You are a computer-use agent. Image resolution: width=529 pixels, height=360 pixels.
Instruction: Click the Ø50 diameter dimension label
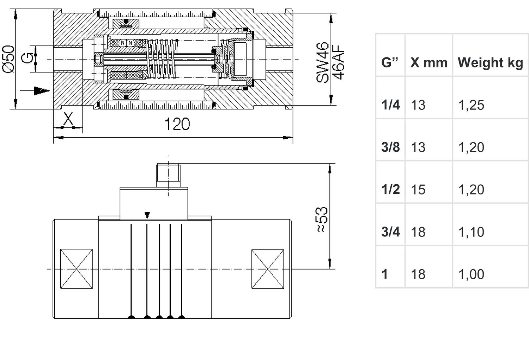[x=8, y=59]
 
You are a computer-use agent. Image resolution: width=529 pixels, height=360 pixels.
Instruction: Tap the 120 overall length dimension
[x=177, y=124]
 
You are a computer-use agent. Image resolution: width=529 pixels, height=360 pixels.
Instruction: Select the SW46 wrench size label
[x=322, y=62]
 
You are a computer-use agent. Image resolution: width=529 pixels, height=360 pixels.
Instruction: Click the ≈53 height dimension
[x=322, y=220]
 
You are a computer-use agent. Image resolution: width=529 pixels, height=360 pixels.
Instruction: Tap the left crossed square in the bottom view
[x=76, y=269]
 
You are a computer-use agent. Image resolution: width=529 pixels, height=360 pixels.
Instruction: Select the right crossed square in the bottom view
[x=268, y=269]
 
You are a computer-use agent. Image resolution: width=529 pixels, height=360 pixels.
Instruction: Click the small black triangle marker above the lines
[x=148, y=215]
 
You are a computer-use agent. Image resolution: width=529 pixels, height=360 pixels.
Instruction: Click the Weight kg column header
[x=490, y=62]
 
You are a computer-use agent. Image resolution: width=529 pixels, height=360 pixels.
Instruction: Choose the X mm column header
[x=428, y=62]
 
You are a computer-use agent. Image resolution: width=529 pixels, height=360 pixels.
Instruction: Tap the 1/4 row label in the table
[x=390, y=105]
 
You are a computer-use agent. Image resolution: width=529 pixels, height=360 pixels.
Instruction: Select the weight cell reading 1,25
[x=471, y=105]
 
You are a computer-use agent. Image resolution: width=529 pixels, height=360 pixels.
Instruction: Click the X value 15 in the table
[x=418, y=190]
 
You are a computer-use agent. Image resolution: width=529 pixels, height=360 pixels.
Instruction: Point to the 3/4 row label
[x=390, y=232]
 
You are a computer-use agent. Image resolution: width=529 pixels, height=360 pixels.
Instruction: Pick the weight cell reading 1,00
[x=471, y=274]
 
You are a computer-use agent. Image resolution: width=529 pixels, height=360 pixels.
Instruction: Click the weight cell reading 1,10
[x=471, y=232]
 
